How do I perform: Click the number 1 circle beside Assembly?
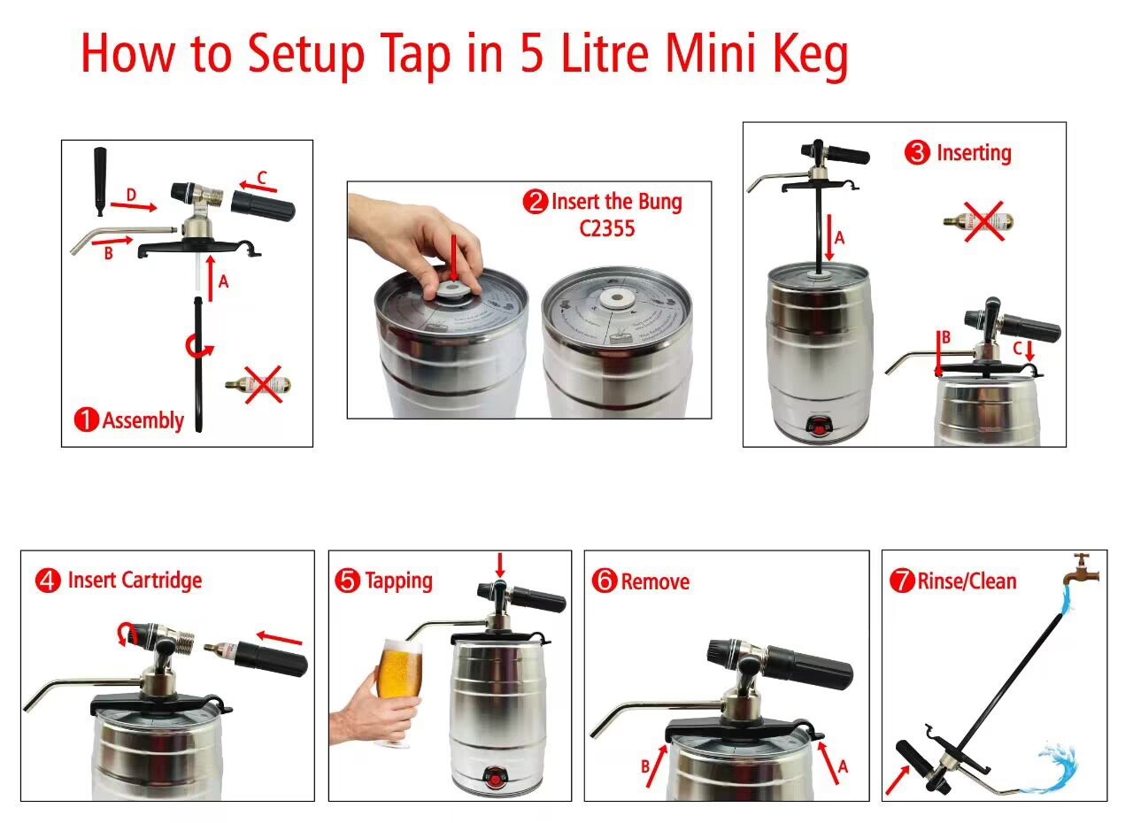86,420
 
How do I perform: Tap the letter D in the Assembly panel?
131,194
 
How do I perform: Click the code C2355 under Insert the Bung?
607,228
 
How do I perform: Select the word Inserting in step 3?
973,153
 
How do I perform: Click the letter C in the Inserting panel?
1017,347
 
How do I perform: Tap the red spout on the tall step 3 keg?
822,428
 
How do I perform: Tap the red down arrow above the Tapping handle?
501,564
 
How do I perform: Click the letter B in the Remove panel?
645,766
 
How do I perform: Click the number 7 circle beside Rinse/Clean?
901,581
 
